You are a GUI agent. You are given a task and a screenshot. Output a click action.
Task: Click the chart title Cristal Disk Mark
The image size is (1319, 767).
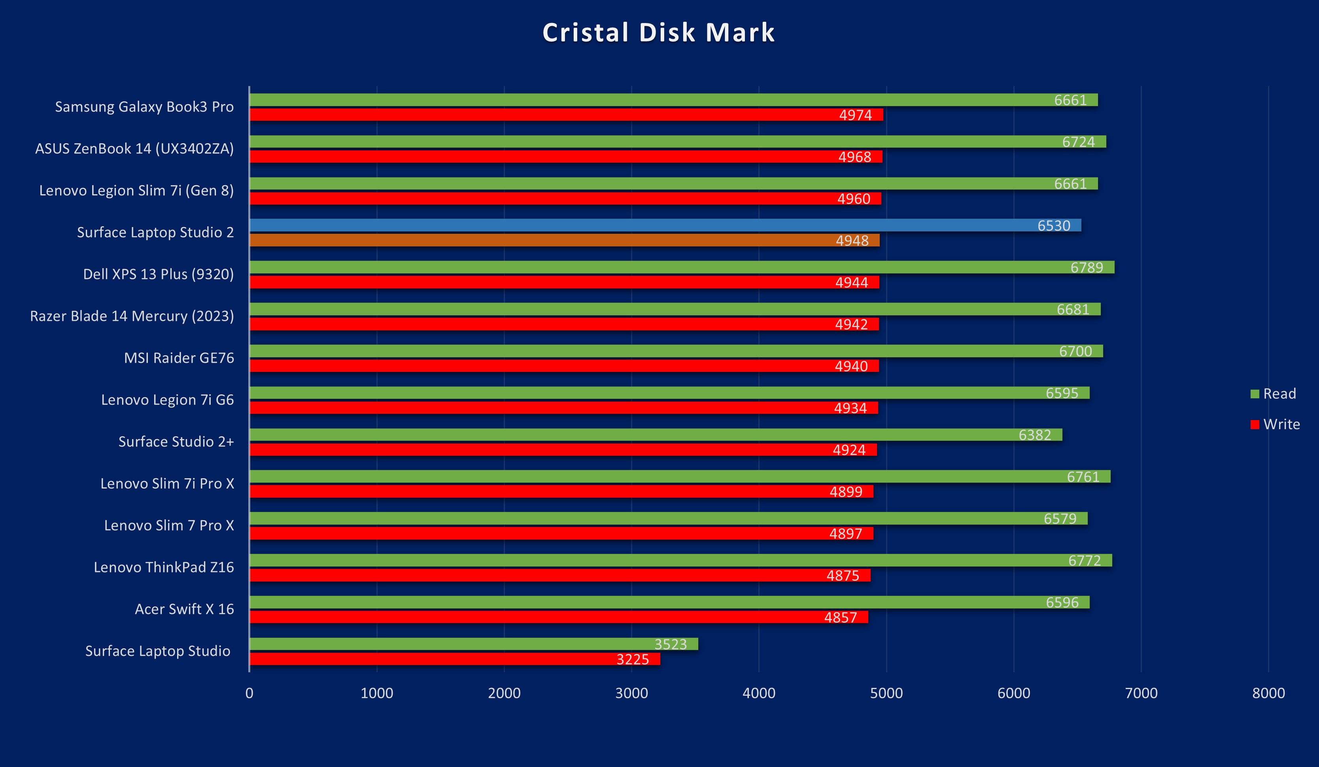[x=658, y=32]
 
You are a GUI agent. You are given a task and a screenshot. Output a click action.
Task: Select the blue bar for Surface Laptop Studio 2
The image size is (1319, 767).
[x=665, y=225]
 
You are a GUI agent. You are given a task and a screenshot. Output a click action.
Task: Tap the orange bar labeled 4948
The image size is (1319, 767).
[x=564, y=241]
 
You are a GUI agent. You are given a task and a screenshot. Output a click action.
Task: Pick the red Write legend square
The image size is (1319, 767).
[x=1255, y=424]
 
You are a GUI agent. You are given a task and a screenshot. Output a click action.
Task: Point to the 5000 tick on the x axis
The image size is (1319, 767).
[x=886, y=693]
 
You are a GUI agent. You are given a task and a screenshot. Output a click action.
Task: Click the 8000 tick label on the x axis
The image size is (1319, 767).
[x=1268, y=693]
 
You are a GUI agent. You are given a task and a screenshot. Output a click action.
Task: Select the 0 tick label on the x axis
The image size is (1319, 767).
[x=249, y=693]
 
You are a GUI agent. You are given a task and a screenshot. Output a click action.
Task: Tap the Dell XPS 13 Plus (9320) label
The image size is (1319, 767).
[x=158, y=275]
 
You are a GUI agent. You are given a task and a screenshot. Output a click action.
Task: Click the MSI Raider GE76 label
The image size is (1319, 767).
[x=179, y=358]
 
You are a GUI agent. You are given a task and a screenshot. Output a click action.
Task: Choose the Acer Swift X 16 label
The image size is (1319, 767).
[x=184, y=610]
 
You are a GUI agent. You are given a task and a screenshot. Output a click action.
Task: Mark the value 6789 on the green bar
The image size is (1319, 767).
[x=1087, y=267]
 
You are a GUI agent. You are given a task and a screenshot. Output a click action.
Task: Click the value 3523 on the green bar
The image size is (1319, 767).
[x=671, y=644]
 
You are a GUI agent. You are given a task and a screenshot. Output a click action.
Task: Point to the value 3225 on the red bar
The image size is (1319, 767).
[x=632, y=659]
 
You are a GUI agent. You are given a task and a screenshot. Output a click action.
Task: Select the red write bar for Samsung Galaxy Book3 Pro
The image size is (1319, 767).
[x=565, y=115]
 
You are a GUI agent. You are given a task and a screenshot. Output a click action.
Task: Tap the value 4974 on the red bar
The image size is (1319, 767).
[x=855, y=115]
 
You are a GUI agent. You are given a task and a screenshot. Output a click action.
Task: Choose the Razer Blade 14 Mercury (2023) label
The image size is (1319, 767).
[x=132, y=316]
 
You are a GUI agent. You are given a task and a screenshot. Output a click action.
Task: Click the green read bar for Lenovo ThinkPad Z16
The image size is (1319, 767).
[x=680, y=560]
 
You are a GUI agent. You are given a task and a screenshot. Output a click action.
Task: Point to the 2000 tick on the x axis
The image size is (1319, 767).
[x=504, y=693]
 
